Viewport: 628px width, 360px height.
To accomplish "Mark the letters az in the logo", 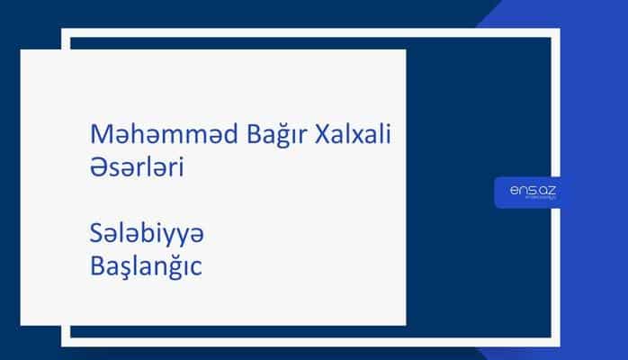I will (543, 189).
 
